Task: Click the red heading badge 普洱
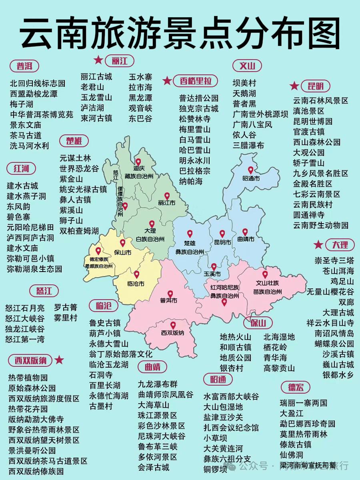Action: tap(24, 66)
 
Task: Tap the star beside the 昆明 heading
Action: tap(294, 86)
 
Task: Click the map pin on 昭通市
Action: tap(251, 170)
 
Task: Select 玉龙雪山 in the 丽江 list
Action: tap(96, 97)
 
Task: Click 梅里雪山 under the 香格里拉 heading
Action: tap(195, 129)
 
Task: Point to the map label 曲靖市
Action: tap(245, 239)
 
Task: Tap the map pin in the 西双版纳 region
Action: tap(173, 325)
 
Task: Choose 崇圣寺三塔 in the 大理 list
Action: tap(334, 260)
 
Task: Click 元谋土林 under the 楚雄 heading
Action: tap(75, 158)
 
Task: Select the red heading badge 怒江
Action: tap(44, 290)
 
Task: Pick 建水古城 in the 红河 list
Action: tap(22, 186)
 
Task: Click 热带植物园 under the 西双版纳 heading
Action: tap(28, 378)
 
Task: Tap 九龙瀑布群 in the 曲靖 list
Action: tap(158, 384)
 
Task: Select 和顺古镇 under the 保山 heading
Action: tap(236, 347)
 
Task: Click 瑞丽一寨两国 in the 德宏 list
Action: tap(304, 403)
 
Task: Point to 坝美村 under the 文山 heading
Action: tap(244, 83)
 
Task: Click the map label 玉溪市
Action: tap(212, 274)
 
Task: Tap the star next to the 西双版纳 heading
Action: tap(59, 360)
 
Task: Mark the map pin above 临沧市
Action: tap(136, 274)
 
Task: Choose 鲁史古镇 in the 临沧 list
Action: tap(104, 323)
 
